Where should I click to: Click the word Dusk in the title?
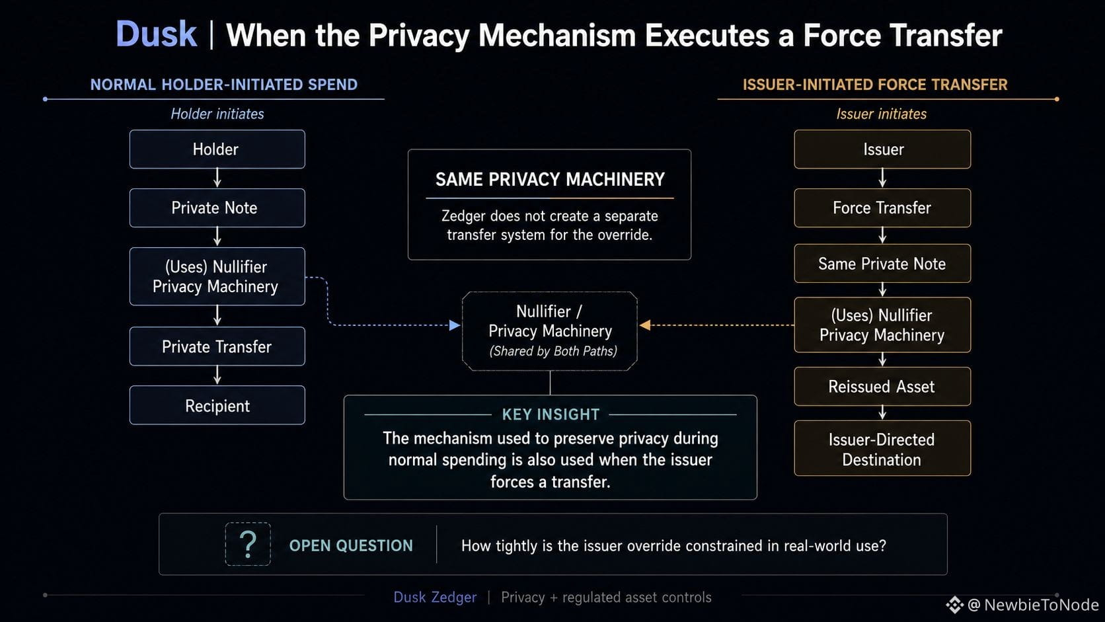(x=156, y=34)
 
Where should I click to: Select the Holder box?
(x=217, y=149)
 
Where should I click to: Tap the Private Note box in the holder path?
(x=217, y=208)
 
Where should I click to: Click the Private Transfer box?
(x=217, y=346)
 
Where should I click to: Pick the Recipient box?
(x=217, y=405)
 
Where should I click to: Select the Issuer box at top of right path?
(x=882, y=149)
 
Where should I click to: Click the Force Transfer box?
(x=882, y=208)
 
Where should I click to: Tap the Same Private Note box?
(x=882, y=263)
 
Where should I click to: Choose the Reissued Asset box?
(x=882, y=386)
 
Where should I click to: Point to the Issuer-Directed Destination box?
(x=882, y=448)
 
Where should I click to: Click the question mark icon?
(x=248, y=544)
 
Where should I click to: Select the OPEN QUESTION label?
(x=351, y=545)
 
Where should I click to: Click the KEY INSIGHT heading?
(x=551, y=414)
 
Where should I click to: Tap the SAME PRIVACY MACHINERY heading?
(x=550, y=179)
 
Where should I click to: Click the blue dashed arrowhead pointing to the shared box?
(x=455, y=325)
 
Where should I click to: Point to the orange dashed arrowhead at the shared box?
(x=645, y=325)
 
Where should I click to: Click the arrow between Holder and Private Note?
(x=217, y=178)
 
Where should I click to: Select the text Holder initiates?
(x=217, y=114)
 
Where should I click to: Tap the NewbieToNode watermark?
(x=1022, y=605)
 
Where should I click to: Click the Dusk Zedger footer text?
(x=435, y=598)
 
